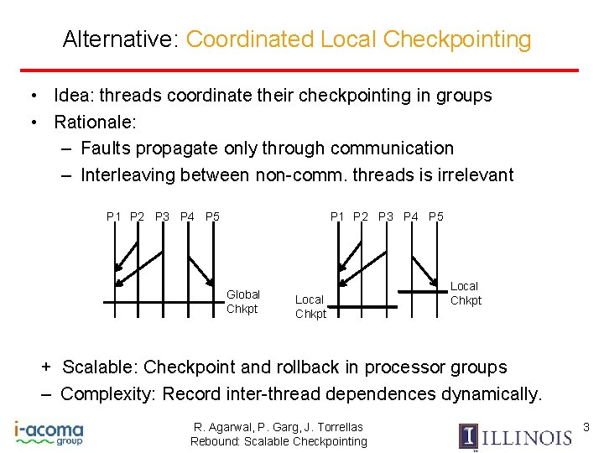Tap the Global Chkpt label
click(243, 301)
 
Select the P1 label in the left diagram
click(113, 217)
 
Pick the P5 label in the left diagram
click(212, 217)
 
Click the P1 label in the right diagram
click(337, 217)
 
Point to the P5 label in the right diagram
click(436, 217)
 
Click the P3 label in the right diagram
click(386, 217)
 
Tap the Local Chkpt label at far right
click(466, 294)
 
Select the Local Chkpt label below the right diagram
click(310, 306)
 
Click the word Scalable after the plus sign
click(100, 367)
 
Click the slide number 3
click(586, 428)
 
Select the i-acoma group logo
click(49, 433)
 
